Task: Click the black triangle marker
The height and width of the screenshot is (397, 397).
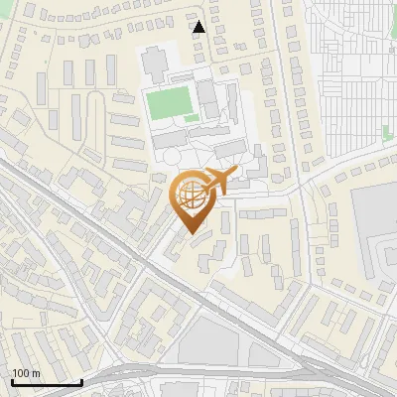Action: pos(199,27)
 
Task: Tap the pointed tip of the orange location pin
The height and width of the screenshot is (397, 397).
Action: pos(191,234)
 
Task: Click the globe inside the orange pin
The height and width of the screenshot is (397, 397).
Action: pos(191,198)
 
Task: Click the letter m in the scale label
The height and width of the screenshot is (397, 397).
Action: pos(36,373)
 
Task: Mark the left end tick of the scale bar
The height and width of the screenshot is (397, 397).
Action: pos(11,381)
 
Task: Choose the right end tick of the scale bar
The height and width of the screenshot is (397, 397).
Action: pos(82,381)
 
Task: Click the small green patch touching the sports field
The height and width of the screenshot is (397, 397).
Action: pos(191,119)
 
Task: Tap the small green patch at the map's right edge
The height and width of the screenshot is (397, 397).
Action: pos(389,132)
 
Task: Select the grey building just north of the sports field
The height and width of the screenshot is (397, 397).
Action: pos(156,66)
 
